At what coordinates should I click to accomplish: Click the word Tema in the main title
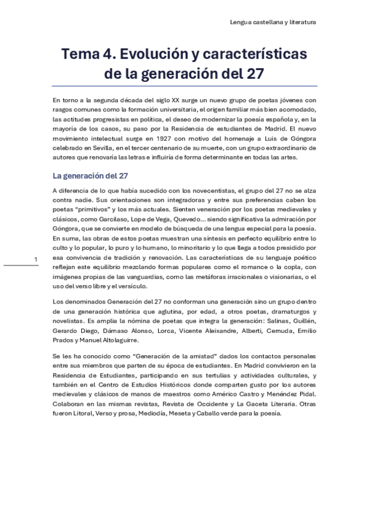[77, 55]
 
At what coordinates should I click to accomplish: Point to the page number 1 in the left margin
[37, 259]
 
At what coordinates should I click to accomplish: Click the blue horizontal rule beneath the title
[185, 86]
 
